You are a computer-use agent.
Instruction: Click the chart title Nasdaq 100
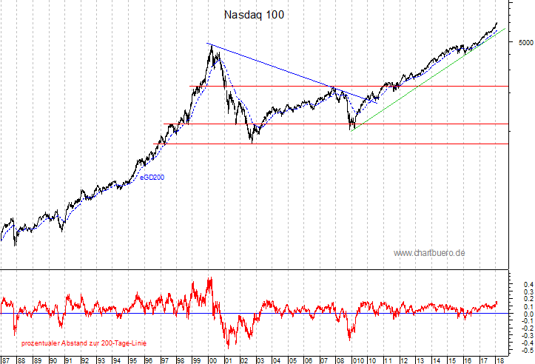click(x=254, y=15)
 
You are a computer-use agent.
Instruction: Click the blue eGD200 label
click(x=154, y=178)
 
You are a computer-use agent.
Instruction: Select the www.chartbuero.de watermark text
click(x=429, y=253)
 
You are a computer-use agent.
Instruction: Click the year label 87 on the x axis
click(x=6, y=360)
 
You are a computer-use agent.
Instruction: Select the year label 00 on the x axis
click(x=212, y=360)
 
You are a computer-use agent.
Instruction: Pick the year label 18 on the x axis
click(x=500, y=360)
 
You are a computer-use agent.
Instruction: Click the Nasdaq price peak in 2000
click(x=212, y=46)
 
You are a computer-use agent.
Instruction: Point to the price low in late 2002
click(x=252, y=141)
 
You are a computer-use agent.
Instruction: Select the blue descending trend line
click(x=281, y=70)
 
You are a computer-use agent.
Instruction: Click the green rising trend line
click(x=429, y=78)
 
